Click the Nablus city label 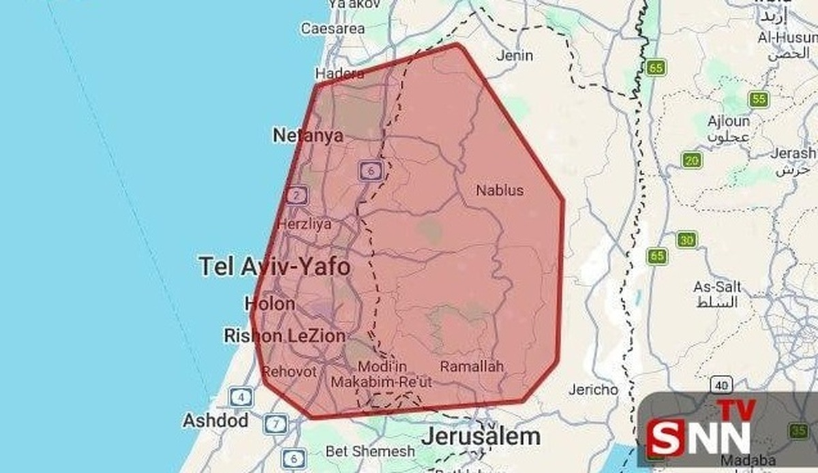click(x=500, y=189)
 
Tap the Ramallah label click(x=472, y=367)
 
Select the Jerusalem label click(x=481, y=436)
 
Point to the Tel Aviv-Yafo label click(x=275, y=266)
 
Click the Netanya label click(x=307, y=136)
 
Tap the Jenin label click(x=515, y=55)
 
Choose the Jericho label click(x=594, y=390)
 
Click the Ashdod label click(x=215, y=421)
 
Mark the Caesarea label click(x=333, y=29)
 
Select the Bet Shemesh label click(x=370, y=451)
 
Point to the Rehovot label click(x=289, y=371)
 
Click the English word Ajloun click(x=729, y=121)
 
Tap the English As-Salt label click(x=717, y=287)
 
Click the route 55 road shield click(x=758, y=100)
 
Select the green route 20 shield click(x=693, y=161)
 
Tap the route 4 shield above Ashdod click(x=241, y=396)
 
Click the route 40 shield click(x=722, y=385)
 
